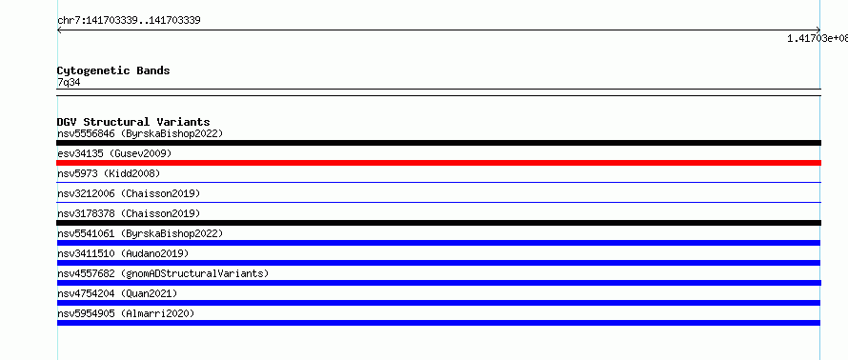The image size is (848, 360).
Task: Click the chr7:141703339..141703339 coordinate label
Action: click(x=130, y=21)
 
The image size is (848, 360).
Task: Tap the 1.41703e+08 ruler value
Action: click(x=818, y=38)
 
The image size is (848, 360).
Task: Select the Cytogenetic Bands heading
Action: click(x=113, y=70)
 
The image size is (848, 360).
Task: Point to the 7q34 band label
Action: click(x=69, y=82)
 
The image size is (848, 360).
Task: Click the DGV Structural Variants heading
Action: click(x=133, y=122)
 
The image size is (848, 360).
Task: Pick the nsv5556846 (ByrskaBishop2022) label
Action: click(x=140, y=133)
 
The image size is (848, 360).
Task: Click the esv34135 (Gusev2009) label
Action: click(x=114, y=153)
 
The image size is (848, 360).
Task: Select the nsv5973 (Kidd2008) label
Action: click(x=109, y=173)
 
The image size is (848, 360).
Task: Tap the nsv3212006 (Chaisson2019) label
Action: click(x=129, y=193)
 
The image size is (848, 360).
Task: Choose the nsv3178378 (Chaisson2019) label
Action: click(x=129, y=213)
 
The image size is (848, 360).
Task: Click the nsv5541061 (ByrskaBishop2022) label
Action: click(x=140, y=233)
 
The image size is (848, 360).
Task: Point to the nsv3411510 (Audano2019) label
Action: click(x=123, y=253)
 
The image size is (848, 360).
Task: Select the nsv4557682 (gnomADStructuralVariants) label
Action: click(x=163, y=273)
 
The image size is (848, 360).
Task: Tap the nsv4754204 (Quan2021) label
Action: click(x=117, y=293)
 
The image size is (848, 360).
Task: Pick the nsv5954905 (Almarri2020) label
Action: click(x=126, y=313)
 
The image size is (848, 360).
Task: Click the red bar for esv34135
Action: click(x=438, y=163)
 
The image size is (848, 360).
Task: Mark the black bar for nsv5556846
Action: click(x=438, y=143)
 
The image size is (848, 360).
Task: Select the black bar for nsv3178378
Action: click(x=438, y=223)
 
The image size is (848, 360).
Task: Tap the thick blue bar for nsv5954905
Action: click(x=438, y=323)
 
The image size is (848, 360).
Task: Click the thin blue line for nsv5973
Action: click(x=438, y=183)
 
